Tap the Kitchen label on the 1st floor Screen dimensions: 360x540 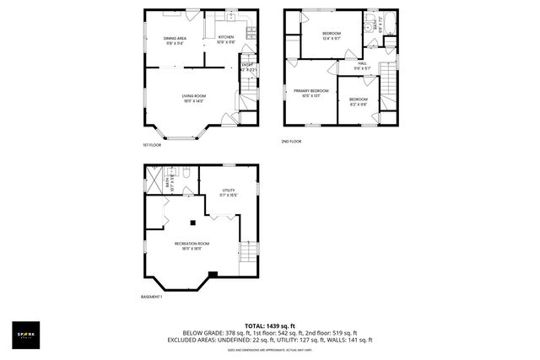click(x=226, y=39)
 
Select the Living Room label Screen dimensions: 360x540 click(x=194, y=98)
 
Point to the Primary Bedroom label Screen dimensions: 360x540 click(x=310, y=92)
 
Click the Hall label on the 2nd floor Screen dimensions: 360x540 click(x=362, y=65)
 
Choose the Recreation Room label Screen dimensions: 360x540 click(x=192, y=245)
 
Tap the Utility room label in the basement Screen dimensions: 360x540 click(x=229, y=192)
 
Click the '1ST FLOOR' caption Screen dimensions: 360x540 click(x=152, y=145)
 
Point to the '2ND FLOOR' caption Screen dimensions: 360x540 click(x=291, y=141)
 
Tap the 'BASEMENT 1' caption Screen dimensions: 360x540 click(x=151, y=297)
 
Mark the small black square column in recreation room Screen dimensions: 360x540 click(x=193, y=223)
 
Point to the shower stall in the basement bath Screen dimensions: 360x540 click(x=155, y=178)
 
